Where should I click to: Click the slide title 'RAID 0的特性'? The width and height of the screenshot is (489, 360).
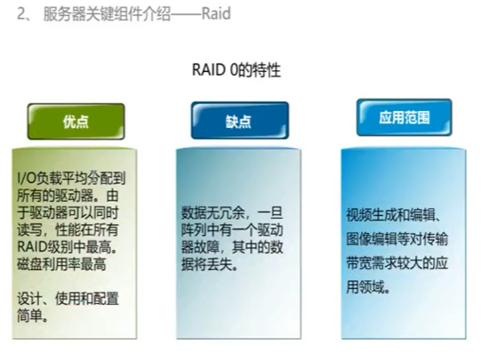pos(236,71)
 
